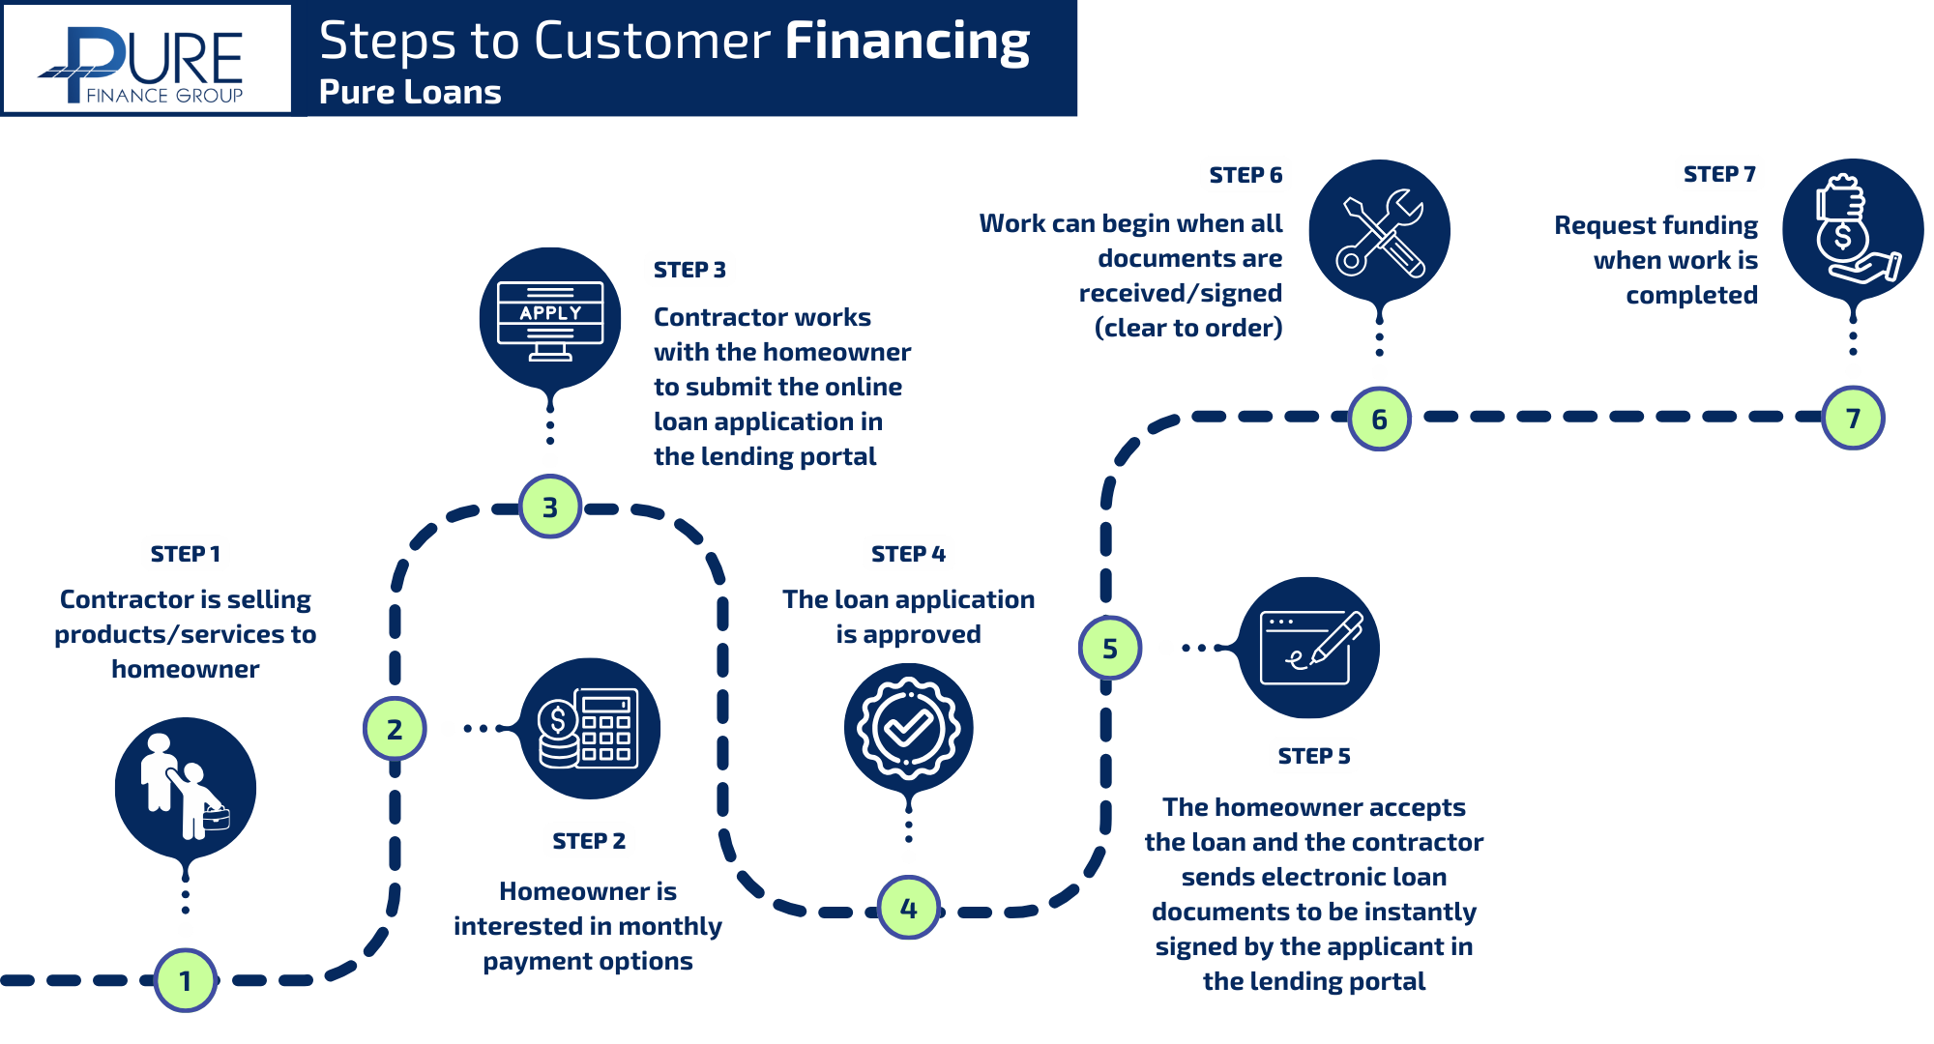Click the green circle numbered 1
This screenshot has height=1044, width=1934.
[x=185, y=980]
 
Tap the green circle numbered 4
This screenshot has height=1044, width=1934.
[x=909, y=908]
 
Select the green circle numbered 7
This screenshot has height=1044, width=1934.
[x=1853, y=418]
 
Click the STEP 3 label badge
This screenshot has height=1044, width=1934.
[x=689, y=269]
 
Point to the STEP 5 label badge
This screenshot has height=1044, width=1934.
[x=1313, y=755]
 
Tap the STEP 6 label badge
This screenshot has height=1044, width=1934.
[x=1245, y=174]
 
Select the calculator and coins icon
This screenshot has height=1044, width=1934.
[x=590, y=728]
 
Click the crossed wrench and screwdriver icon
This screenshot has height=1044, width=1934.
[x=1380, y=232]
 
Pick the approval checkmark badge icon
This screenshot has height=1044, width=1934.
[x=909, y=728]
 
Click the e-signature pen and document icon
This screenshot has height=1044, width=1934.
[x=1309, y=647]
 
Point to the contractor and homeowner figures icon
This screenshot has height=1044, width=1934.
[x=185, y=787]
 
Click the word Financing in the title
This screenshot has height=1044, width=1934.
[x=906, y=42]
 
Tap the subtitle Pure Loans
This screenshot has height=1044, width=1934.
[x=410, y=92]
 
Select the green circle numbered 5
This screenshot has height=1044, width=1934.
[x=1109, y=648]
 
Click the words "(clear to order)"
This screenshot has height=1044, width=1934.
[x=1187, y=328]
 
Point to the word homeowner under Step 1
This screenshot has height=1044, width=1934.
[x=185, y=669]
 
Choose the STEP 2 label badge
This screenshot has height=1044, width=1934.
[x=588, y=840]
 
